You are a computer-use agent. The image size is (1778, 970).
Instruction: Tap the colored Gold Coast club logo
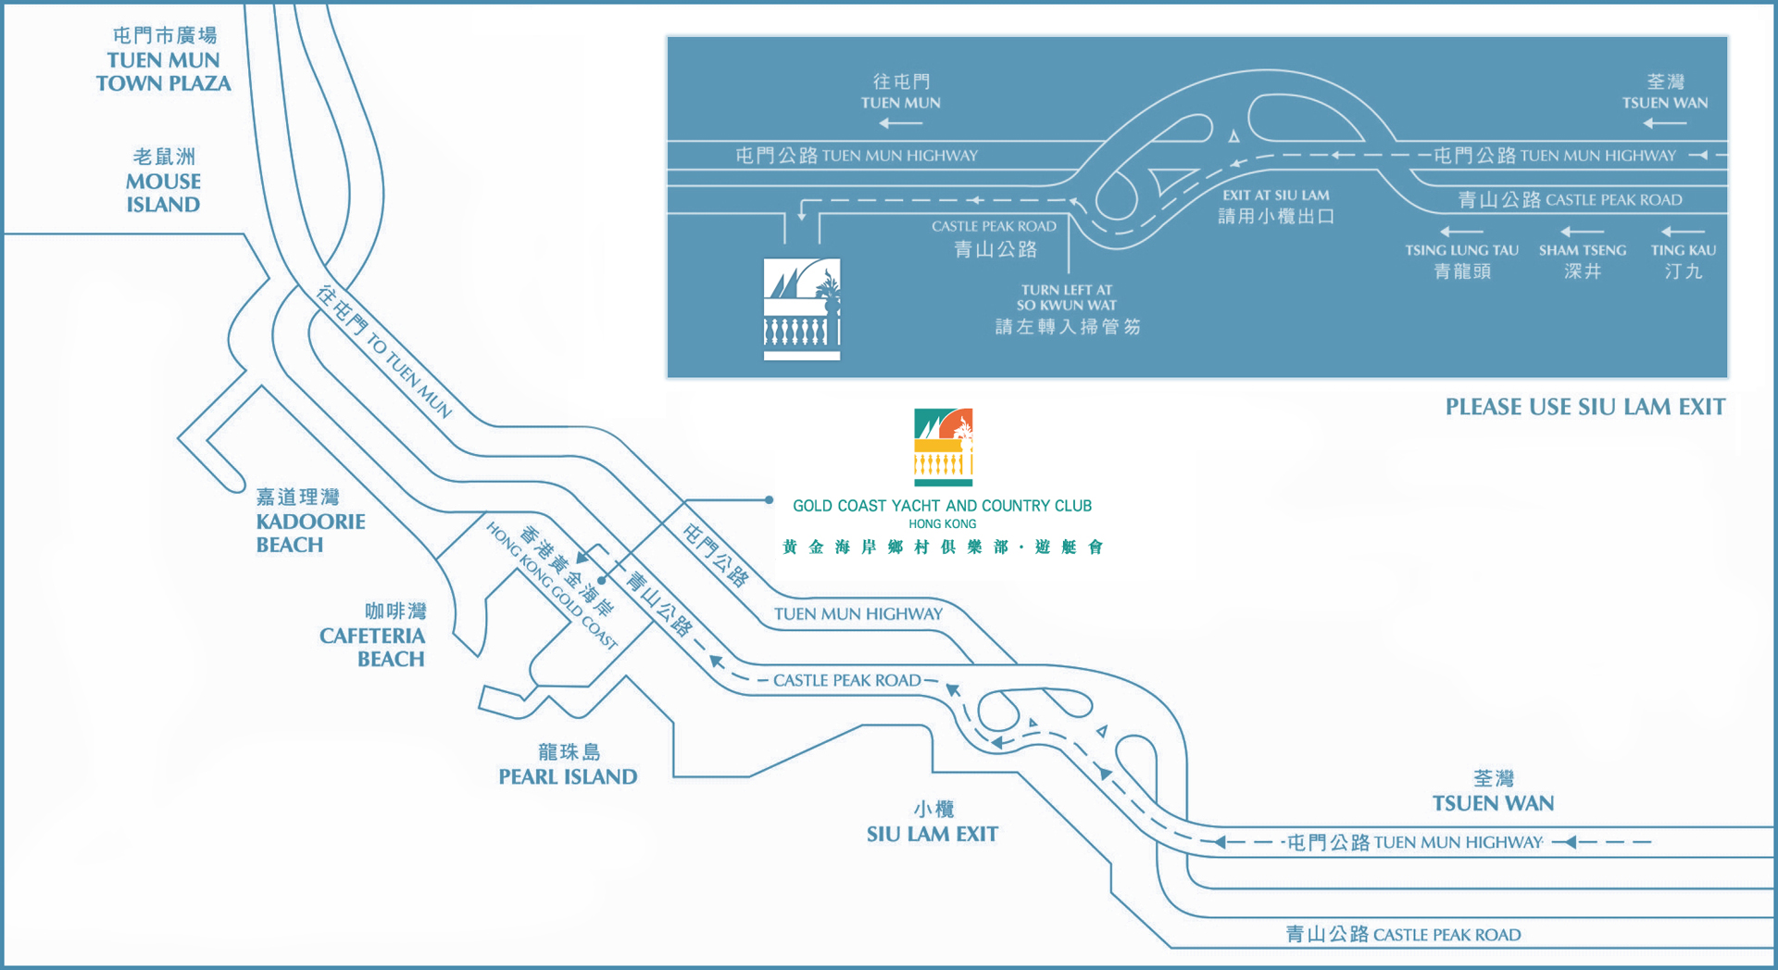(x=943, y=447)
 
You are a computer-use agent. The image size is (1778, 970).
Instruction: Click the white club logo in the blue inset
(x=802, y=309)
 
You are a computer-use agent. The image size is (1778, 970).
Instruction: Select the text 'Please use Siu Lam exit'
(x=1585, y=407)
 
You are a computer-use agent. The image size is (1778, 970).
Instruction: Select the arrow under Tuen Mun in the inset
(x=900, y=123)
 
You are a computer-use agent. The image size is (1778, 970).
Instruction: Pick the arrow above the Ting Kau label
(x=1683, y=231)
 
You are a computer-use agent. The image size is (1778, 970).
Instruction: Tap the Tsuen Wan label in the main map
(x=1493, y=791)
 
